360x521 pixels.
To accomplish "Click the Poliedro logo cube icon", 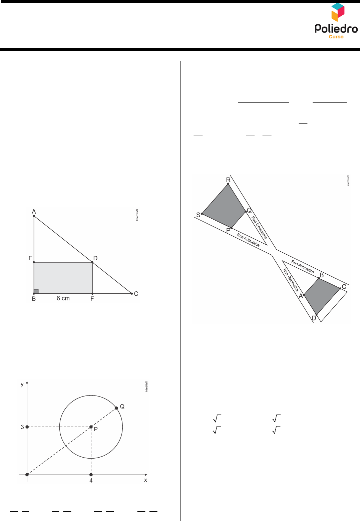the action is click(338, 12).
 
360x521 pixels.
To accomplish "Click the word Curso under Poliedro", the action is click(336, 37).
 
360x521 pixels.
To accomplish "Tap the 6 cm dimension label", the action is click(63, 298).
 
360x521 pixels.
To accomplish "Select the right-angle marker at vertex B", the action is click(36, 291).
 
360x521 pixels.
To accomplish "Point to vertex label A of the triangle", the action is click(34, 211).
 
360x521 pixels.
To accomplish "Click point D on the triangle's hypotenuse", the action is click(92, 262).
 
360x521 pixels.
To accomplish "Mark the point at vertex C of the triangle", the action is click(132, 293).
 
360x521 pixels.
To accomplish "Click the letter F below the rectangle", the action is click(92, 299).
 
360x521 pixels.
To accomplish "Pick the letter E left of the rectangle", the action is click(30, 258).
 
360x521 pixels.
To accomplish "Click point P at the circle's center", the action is click(91, 427).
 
